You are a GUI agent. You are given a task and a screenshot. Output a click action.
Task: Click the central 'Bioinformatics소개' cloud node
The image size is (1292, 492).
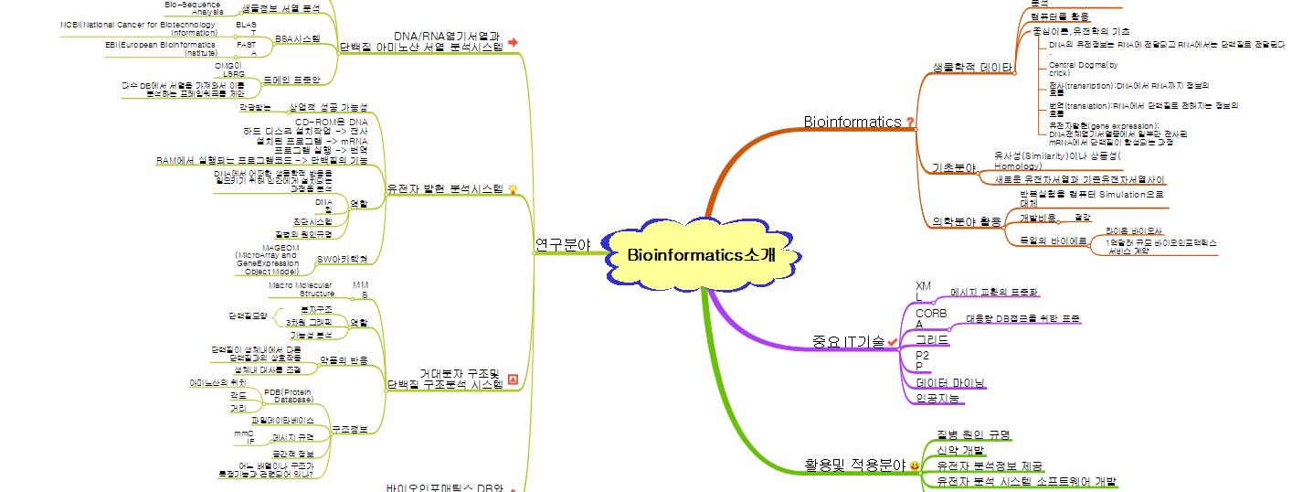coord(701,254)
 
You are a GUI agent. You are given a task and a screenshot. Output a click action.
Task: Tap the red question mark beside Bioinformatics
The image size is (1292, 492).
coord(910,122)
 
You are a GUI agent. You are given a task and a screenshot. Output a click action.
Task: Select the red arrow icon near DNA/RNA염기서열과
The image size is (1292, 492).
coord(513,42)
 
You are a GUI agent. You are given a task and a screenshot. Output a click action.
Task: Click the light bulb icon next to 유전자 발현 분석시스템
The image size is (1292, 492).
coord(513,188)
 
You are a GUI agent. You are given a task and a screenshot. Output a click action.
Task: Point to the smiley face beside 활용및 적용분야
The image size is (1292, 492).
coord(915,466)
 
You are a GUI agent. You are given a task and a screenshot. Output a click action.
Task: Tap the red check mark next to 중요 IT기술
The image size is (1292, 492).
coord(893,342)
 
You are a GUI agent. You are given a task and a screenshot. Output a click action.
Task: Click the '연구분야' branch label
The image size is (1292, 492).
coord(562,244)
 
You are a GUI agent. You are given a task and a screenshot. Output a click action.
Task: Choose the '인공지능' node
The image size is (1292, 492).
coord(937,398)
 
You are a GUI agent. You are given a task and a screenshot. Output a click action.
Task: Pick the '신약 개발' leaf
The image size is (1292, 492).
coord(960,450)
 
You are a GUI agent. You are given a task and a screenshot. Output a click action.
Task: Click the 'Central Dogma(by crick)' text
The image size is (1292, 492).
coord(1083,69)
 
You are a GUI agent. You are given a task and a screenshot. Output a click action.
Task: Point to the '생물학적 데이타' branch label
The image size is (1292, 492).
coord(971,68)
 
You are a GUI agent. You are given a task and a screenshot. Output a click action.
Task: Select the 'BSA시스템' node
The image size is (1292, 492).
coord(297,38)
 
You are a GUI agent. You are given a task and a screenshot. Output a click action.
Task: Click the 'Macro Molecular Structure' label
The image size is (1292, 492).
coord(302,290)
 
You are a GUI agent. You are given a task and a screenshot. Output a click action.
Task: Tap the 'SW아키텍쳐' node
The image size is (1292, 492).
coord(342,260)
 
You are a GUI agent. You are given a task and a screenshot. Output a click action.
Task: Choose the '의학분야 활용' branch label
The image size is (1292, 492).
coord(967,221)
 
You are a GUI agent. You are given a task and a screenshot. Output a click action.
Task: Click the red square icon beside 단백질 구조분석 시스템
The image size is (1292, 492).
coord(513,379)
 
